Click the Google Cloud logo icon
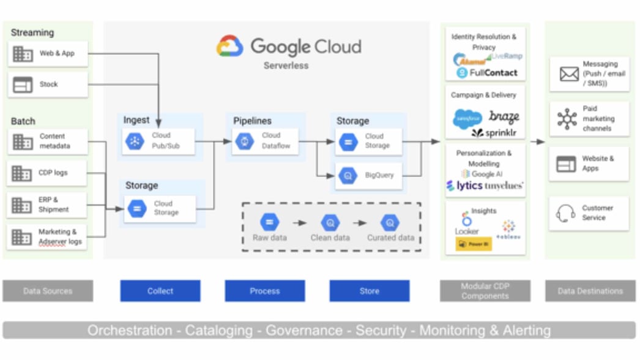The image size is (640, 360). pyautogui.click(x=230, y=47)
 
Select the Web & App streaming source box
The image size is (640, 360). pyautogui.click(x=48, y=54)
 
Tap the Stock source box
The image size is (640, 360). pyautogui.click(x=48, y=84)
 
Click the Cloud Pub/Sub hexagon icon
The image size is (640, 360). pyautogui.click(x=134, y=141)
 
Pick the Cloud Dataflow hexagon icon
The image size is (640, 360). pyautogui.click(x=244, y=141)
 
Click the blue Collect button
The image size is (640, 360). pyautogui.click(x=160, y=291)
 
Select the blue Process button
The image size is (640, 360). pyautogui.click(x=264, y=291)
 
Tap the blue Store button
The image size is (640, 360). pyautogui.click(x=369, y=291)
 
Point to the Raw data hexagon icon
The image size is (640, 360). pyautogui.click(x=269, y=222)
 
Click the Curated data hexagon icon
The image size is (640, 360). pyautogui.click(x=390, y=222)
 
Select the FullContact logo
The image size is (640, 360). pyautogui.click(x=487, y=73)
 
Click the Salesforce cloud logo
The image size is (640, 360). pyautogui.click(x=467, y=119)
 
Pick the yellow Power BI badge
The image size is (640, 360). pyautogui.click(x=474, y=244)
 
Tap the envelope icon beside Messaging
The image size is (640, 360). pyautogui.click(x=569, y=74)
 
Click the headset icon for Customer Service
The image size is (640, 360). pyautogui.click(x=565, y=213)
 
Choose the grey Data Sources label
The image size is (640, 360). pyautogui.click(x=48, y=291)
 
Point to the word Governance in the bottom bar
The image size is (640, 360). pyautogui.click(x=308, y=331)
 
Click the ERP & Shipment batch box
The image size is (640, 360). pyautogui.click(x=48, y=204)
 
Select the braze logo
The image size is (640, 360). pyautogui.click(x=504, y=117)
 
